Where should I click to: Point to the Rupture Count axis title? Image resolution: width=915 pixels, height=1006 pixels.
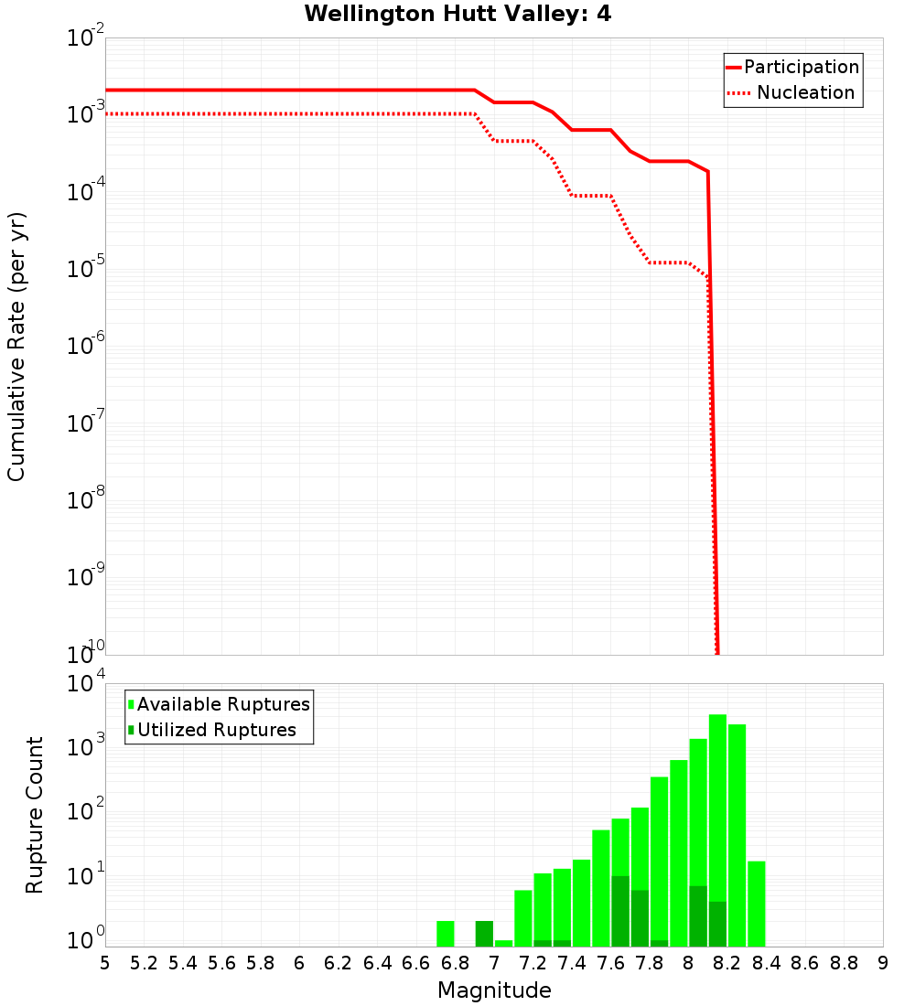pyautogui.click(x=35, y=815)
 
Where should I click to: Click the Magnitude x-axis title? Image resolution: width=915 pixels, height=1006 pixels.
pyautogui.click(x=494, y=990)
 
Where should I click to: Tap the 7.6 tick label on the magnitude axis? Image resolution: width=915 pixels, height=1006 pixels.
pyautogui.click(x=610, y=963)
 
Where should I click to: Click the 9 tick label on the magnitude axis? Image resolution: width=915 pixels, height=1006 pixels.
pyautogui.click(x=883, y=963)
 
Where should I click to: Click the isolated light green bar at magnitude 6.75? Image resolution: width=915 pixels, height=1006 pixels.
pyautogui.click(x=446, y=934)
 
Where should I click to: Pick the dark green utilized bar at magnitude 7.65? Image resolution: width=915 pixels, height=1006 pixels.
pyautogui.click(x=620, y=911)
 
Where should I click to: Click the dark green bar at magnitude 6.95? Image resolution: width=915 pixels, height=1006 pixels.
pyautogui.click(x=484, y=934)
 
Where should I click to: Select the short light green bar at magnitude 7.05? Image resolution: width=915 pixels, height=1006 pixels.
pyautogui.click(x=504, y=943)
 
